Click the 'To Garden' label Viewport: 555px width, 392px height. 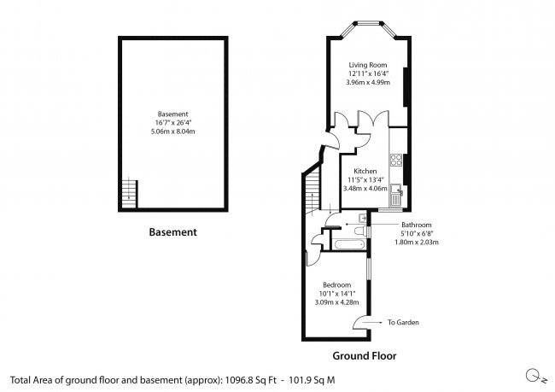tap(403, 322)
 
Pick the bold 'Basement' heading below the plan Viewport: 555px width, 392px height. tap(173, 231)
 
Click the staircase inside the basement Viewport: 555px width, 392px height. tap(129, 189)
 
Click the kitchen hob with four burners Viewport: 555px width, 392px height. tap(396, 160)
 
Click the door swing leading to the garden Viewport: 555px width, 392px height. tap(366, 322)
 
